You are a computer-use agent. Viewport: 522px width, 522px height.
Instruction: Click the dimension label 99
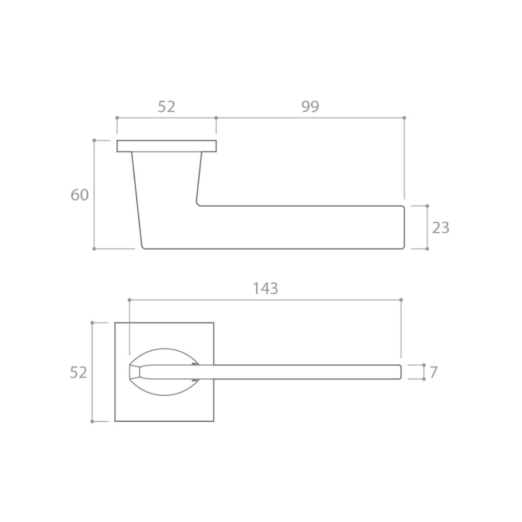[310, 106]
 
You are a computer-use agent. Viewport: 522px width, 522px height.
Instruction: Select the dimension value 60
[79, 195]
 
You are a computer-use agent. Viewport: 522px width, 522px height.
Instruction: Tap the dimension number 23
[441, 228]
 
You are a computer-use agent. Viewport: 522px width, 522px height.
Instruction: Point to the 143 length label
[265, 289]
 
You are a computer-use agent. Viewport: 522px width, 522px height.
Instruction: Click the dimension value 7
[433, 372]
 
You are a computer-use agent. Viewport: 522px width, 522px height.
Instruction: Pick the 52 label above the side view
[166, 106]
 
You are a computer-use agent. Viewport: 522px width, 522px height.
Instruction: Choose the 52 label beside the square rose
[78, 372]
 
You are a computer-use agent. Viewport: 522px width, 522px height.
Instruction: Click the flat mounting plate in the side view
[167, 146]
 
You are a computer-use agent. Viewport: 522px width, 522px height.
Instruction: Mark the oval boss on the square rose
[164, 350]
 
